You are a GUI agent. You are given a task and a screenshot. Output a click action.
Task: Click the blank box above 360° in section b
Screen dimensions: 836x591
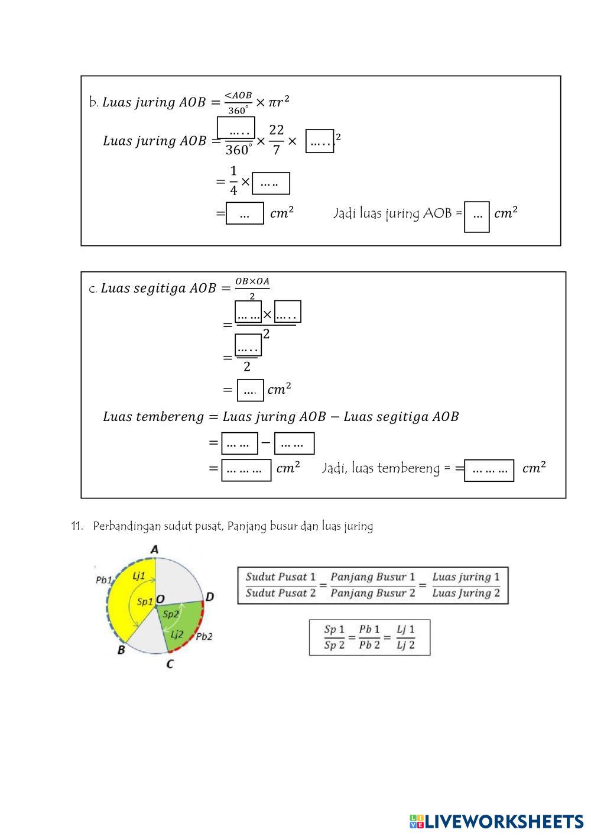(x=236, y=128)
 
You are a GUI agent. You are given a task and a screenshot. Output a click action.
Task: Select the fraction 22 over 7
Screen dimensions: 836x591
(x=276, y=140)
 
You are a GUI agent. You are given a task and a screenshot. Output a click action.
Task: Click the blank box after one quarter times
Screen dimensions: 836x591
(x=271, y=183)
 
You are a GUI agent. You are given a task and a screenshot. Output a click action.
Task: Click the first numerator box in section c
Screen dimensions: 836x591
(x=248, y=312)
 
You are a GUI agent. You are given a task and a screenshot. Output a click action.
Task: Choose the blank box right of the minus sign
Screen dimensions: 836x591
(x=294, y=443)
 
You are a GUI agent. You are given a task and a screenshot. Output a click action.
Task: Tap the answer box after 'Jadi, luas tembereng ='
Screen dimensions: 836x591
(x=489, y=470)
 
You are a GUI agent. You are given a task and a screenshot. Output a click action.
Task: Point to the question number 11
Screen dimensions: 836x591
(x=76, y=526)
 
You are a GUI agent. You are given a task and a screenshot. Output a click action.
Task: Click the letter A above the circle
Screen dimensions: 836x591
(x=154, y=550)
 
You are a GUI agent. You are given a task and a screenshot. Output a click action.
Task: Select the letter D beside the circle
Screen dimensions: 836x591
(x=210, y=597)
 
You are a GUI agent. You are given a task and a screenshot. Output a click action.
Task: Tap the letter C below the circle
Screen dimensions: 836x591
(x=170, y=664)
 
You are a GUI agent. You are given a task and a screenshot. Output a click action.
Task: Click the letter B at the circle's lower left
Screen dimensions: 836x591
(x=121, y=650)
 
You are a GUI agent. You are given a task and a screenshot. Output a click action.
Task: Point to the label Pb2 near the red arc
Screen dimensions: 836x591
(x=204, y=637)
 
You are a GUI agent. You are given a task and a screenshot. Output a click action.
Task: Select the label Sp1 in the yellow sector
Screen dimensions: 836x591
(x=145, y=601)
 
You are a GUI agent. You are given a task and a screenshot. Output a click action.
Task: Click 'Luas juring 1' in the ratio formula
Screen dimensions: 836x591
(x=466, y=576)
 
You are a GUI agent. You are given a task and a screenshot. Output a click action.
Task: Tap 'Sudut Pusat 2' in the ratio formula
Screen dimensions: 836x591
(x=281, y=593)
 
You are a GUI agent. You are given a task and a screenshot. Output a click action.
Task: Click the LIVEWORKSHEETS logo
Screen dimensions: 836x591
(x=496, y=821)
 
